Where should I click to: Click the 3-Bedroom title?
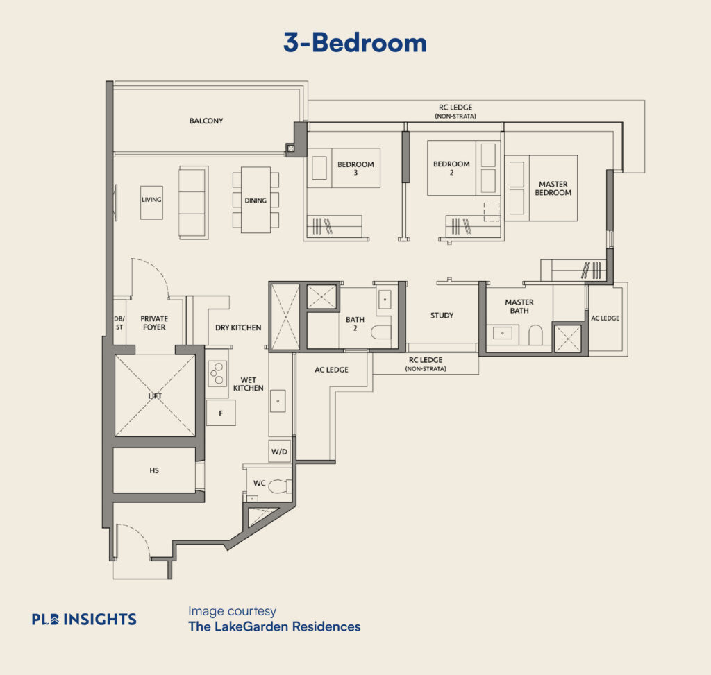(x=355, y=43)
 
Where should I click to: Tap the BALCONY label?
(x=206, y=121)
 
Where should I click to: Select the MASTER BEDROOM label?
(x=553, y=189)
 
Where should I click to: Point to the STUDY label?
(x=442, y=316)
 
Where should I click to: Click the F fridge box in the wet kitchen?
(x=221, y=413)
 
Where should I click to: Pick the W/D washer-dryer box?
(x=279, y=451)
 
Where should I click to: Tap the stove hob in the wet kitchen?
(x=217, y=374)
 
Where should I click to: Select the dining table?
(x=256, y=200)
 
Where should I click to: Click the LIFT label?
(x=155, y=396)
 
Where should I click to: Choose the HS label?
(x=154, y=470)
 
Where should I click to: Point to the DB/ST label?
(x=119, y=323)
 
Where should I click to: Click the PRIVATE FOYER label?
(x=154, y=323)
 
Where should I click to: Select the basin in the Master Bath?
(x=503, y=333)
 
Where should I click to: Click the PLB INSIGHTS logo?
(x=84, y=620)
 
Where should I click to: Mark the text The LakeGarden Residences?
(x=274, y=626)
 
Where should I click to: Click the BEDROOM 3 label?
(x=355, y=169)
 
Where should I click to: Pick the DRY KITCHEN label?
(x=239, y=327)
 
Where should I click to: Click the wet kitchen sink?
(x=278, y=401)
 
